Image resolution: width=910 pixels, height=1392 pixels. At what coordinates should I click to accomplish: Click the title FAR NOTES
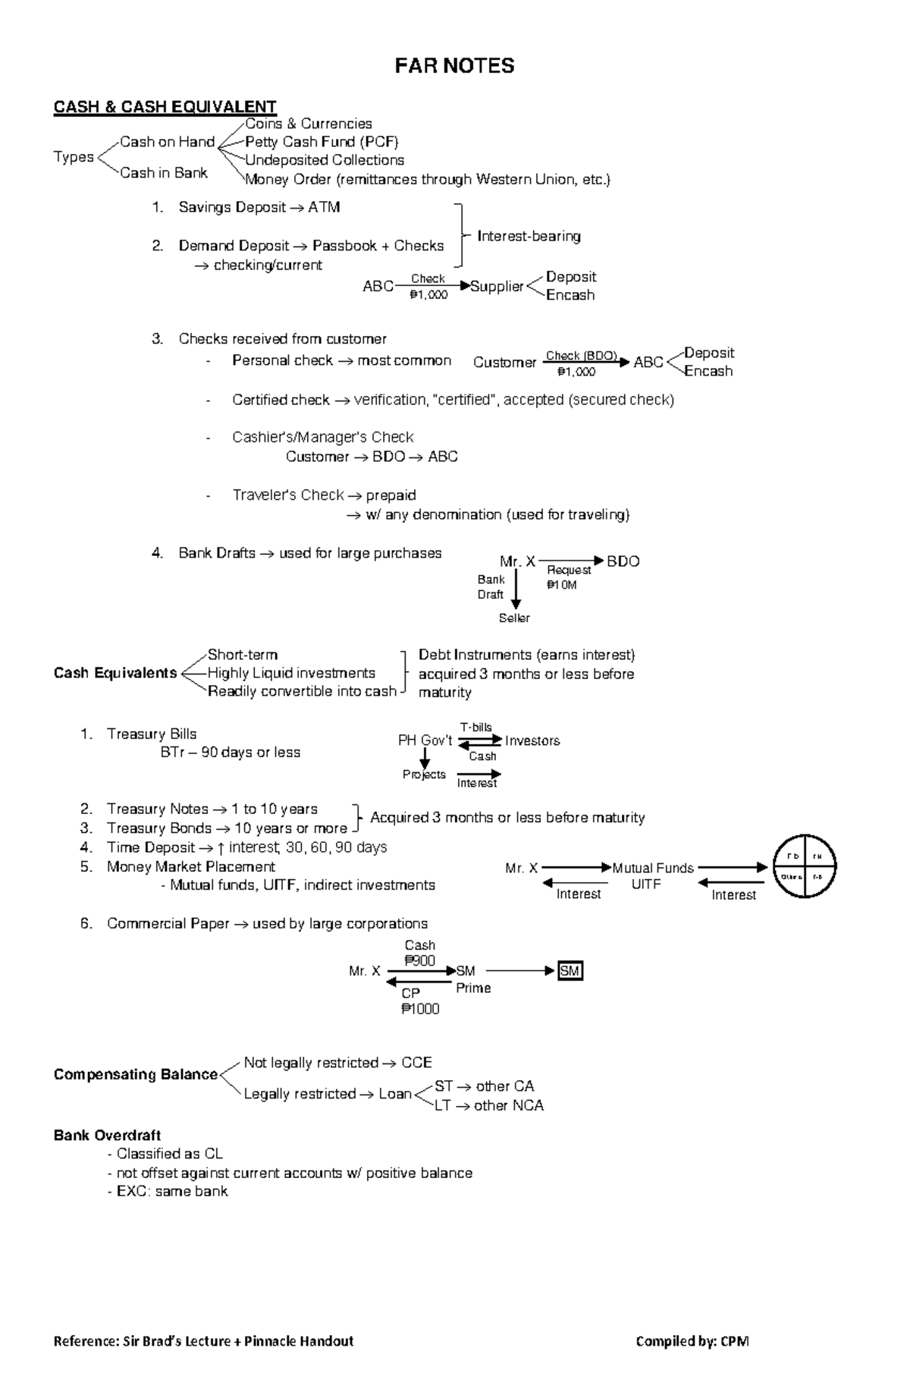[x=454, y=66]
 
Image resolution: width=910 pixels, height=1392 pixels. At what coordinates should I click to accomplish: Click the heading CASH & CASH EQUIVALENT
[x=165, y=107]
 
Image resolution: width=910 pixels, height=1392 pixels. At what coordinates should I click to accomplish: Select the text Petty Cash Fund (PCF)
[x=322, y=142]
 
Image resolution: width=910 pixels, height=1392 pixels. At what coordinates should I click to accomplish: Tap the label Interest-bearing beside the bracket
[x=529, y=236]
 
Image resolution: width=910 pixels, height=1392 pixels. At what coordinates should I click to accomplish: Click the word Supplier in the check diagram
[x=497, y=287]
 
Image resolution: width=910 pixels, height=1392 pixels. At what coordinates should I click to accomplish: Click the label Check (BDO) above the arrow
[x=581, y=356]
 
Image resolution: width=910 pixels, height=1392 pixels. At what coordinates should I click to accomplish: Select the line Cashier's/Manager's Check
[x=322, y=437]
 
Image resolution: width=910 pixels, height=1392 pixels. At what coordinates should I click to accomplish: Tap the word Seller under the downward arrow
[x=514, y=618]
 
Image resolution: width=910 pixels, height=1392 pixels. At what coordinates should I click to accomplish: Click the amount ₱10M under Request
[x=561, y=585]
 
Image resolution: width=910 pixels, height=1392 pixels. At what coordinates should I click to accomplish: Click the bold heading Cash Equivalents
[x=115, y=673]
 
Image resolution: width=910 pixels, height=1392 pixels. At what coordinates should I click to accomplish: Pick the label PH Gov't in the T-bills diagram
[x=425, y=740]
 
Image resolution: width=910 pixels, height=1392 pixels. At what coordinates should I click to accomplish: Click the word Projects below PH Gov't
[x=424, y=775]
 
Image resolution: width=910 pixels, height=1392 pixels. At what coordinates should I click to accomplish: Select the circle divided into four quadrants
[x=805, y=866]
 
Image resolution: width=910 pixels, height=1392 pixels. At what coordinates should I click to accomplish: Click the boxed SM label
[x=570, y=971]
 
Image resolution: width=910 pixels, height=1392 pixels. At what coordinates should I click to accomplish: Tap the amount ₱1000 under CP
[x=420, y=1009]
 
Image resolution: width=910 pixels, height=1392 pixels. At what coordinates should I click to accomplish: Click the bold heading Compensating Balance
[x=135, y=1074]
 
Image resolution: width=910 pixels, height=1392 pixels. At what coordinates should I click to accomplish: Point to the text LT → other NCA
[x=489, y=1105]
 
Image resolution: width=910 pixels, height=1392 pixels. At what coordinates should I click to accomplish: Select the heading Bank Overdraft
[x=107, y=1136]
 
